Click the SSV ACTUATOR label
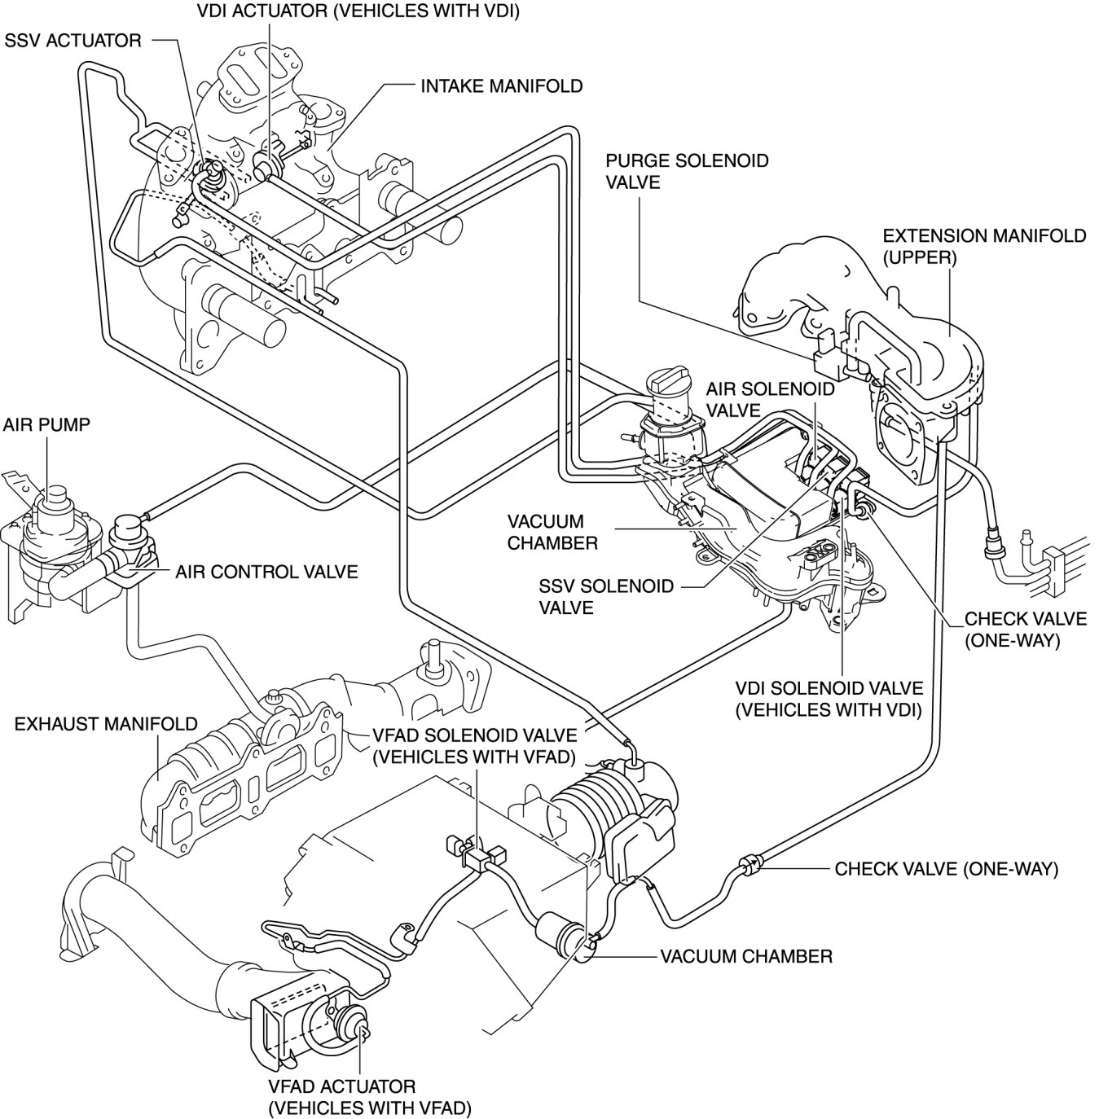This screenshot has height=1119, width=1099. coord(73,41)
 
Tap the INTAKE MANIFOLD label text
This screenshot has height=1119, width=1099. coord(502,86)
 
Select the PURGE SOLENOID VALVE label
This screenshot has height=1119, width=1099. coord(687,171)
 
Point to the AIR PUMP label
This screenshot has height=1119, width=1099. coord(46,424)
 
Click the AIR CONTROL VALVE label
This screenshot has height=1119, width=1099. coord(266,572)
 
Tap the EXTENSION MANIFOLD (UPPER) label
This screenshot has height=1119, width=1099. coord(984,246)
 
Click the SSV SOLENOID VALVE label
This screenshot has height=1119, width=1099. coord(606,596)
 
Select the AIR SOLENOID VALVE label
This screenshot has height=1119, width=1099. coord(770,400)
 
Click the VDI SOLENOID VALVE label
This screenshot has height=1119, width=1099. coord(829,699)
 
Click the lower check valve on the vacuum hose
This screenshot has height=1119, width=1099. coord(749,863)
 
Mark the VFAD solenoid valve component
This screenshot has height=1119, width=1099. coord(476,852)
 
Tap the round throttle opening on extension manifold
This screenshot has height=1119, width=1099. coord(899,426)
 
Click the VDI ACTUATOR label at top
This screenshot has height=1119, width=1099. coord(358,11)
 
